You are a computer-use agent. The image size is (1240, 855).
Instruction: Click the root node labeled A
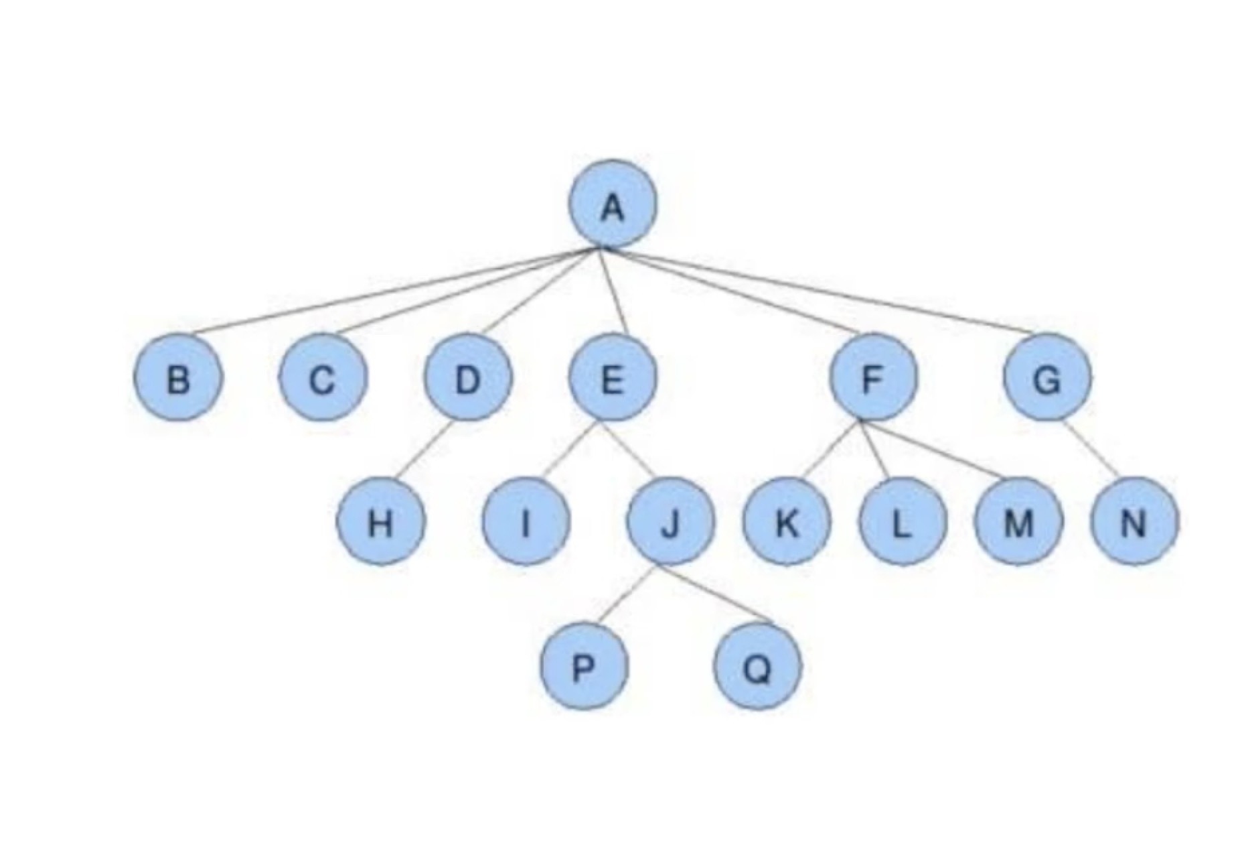coord(612,204)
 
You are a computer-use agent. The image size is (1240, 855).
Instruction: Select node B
coord(177,379)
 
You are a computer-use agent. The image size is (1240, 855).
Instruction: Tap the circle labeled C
coord(323,379)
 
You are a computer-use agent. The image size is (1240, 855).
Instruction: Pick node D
coord(468,379)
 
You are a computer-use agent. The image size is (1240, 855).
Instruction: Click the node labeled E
coord(612,379)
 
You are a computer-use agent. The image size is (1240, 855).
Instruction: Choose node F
coord(872,379)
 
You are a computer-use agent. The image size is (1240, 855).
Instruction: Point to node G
coord(1047,379)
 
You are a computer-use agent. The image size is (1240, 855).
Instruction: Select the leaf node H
coord(380,522)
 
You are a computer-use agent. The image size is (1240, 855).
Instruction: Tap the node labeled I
coord(526,522)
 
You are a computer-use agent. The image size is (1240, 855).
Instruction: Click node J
coord(670,522)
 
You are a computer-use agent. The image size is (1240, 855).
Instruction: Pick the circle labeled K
coord(787,522)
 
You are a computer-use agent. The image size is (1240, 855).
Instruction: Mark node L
coord(903,522)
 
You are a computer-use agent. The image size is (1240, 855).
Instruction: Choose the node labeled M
coord(1018,522)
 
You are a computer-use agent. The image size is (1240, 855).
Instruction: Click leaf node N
coord(1134,522)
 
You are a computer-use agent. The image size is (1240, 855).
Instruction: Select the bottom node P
coord(585,667)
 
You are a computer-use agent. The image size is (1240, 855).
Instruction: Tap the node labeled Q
coord(757,667)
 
